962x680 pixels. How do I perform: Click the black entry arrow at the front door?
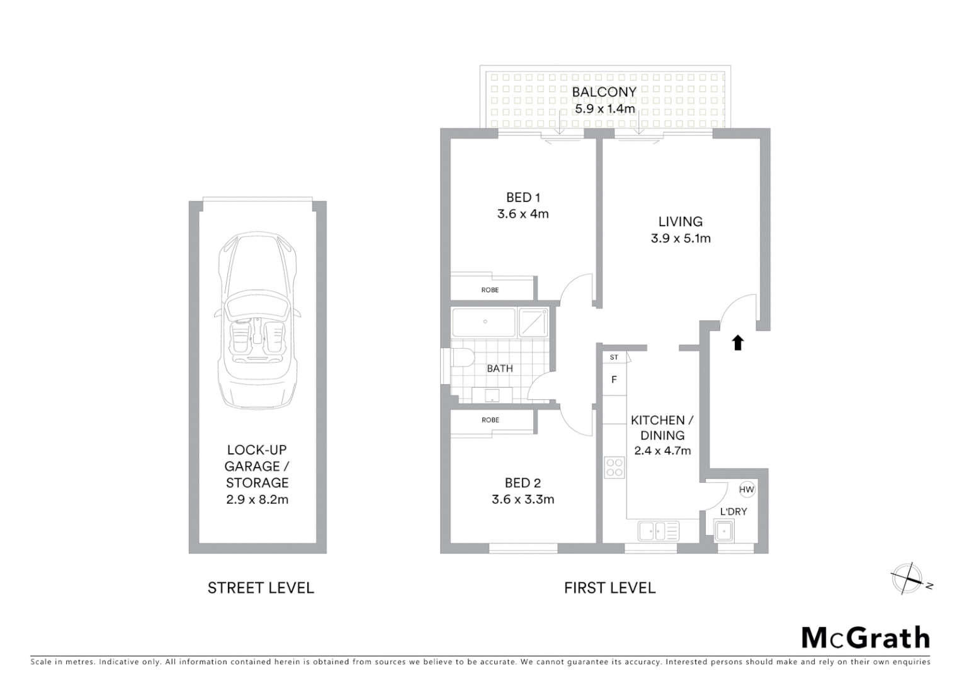(x=738, y=343)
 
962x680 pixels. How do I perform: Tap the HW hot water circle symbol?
(x=746, y=489)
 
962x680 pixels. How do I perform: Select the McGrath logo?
(x=866, y=638)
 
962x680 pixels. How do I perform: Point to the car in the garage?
(x=257, y=320)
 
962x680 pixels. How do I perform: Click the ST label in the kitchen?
(x=614, y=357)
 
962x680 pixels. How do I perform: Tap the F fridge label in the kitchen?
(x=614, y=380)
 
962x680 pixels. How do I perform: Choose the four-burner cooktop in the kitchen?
(x=614, y=467)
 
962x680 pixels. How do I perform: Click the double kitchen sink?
(x=659, y=531)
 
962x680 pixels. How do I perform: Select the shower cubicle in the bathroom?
(x=533, y=322)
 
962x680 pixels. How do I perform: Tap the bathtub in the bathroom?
(x=484, y=322)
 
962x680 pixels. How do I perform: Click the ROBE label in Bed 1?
(x=490, y=290)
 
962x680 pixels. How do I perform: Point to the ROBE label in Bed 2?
(x=490, y=420)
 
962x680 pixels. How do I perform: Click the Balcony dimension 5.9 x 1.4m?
(x=604, y=109)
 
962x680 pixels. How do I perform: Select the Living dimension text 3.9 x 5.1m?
(x=681, y=238)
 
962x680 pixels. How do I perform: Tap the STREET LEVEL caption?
(x=261, y=588)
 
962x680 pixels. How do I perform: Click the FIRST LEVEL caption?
(x=609, y=588)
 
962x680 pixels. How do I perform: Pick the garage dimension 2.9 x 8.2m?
(x=257, y=499)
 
